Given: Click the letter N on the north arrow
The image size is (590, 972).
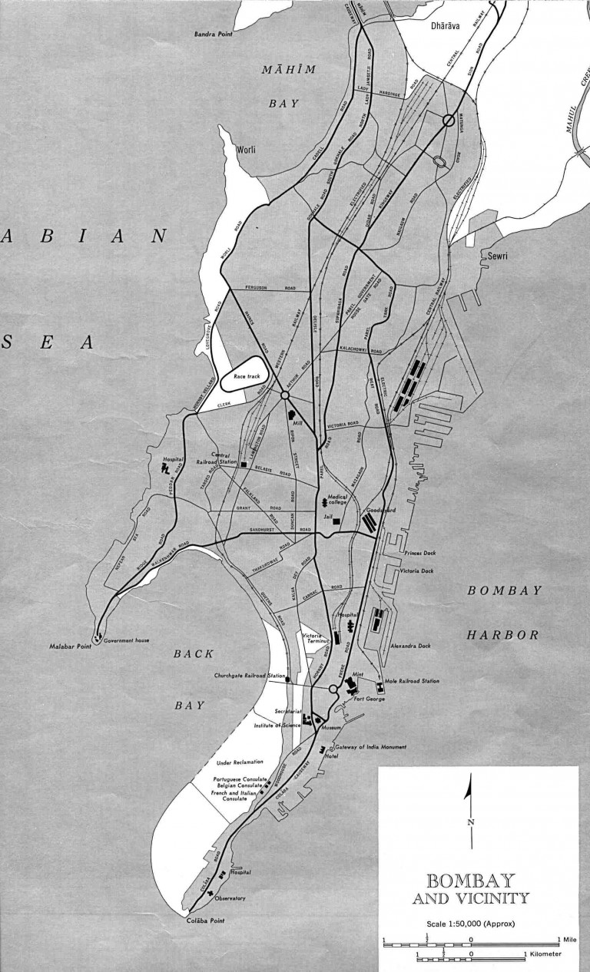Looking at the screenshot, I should click(470, 822).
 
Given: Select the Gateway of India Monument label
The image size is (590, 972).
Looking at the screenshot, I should click(370, 747).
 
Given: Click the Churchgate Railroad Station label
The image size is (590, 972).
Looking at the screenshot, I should click(248, 676).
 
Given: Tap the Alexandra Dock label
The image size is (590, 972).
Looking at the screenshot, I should click(413, 646).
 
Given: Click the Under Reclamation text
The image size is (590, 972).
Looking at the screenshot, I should click(240, 762).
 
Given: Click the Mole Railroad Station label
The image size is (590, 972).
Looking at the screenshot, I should click(414, 681).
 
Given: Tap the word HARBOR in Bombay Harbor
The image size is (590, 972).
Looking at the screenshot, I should click(505, 635).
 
